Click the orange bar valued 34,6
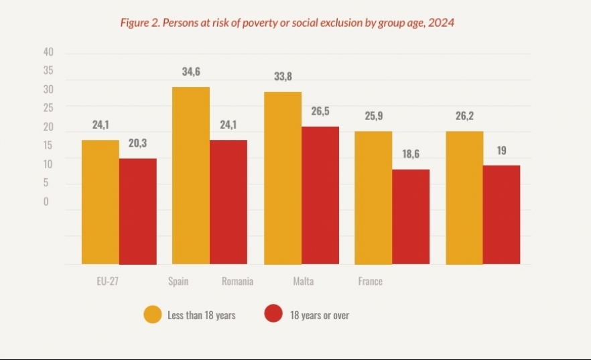tap(191, 176)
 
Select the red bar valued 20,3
tap(138, 211)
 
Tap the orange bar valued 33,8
tap(283, 178)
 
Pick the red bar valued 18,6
tap(411, 217)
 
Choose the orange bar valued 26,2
tap(464, 198)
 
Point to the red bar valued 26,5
tap(320, 195)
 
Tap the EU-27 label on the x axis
tap(109, 282)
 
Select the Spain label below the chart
tap(178, 282)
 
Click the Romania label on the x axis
tap(237, 282)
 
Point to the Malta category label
tap(303, 282)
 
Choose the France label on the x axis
tap(371, 282)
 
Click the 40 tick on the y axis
tap(48, 52)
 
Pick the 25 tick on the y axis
tap(48, 107)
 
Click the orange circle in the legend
tap(152, 314)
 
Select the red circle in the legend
tap(273, 314)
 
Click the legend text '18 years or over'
tap(320, 315)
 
